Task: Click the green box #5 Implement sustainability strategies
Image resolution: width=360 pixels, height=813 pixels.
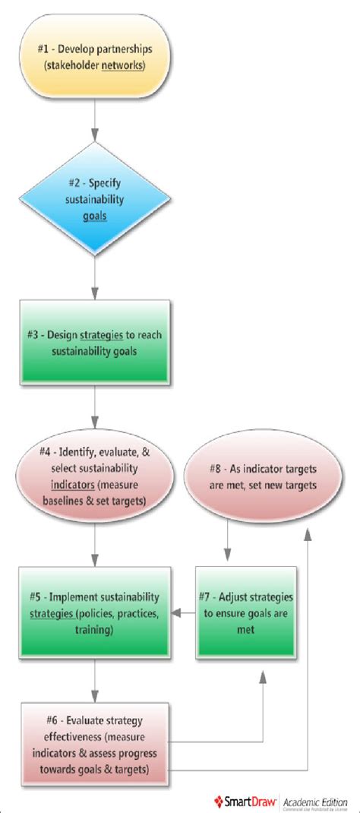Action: (x=95, y=609)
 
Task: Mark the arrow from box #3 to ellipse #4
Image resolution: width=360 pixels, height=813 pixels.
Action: (x=95, y=410)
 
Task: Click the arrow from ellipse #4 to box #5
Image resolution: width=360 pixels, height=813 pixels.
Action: (x=95, y=543)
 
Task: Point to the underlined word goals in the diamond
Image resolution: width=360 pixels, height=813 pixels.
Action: (x=94, y=215)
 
